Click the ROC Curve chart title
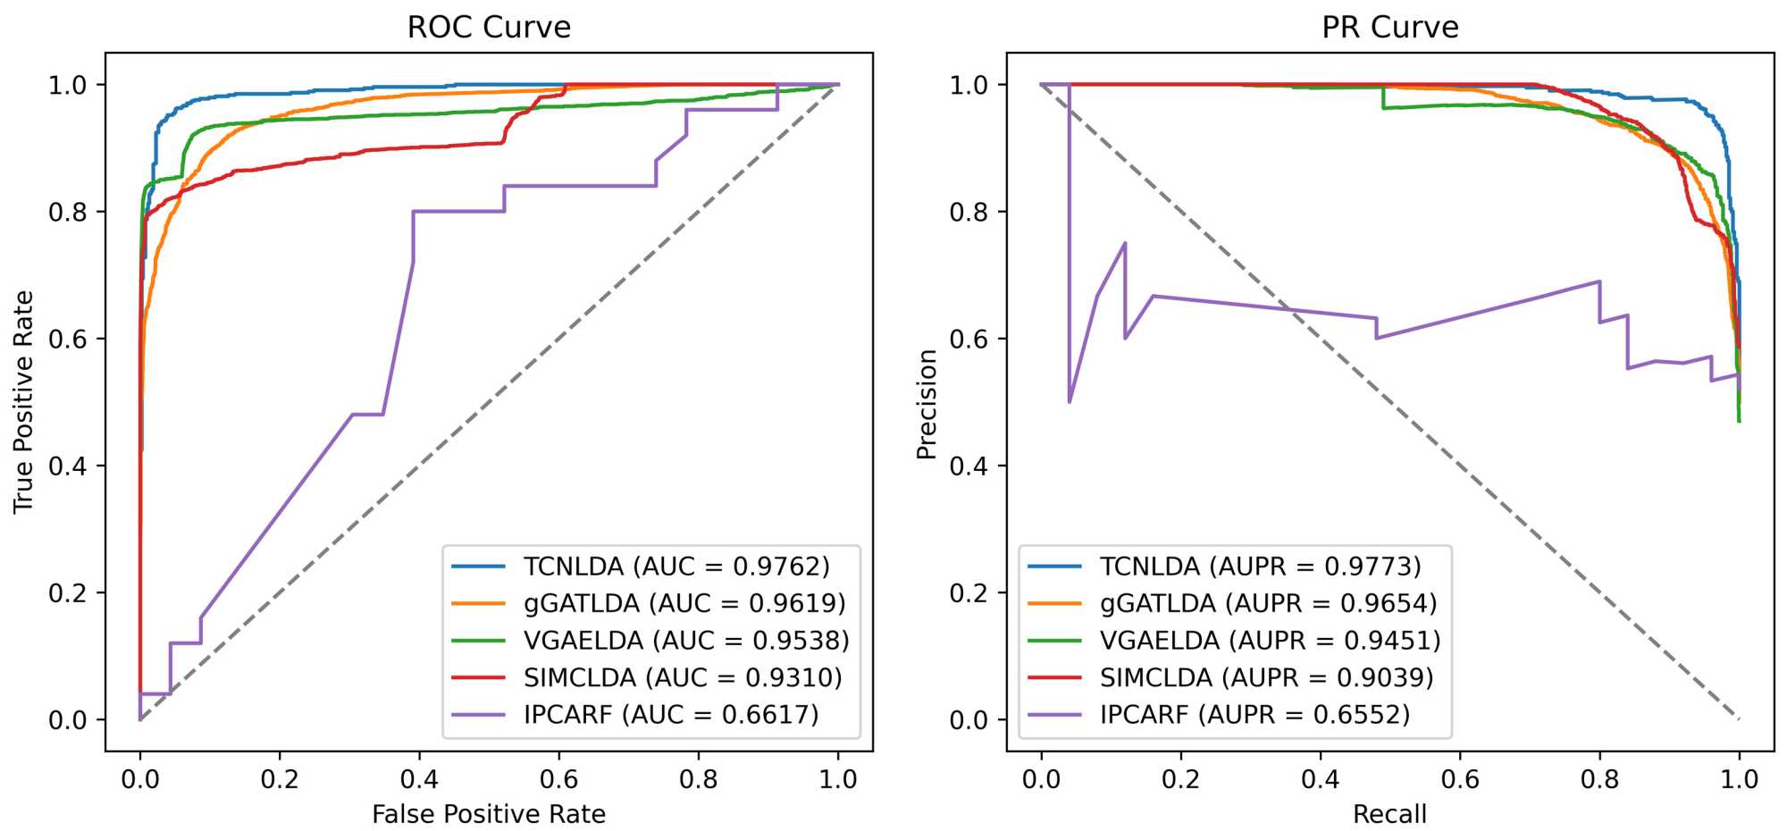click(x=489, y=27)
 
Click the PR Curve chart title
click(x=1389, y=27)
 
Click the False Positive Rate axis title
click(x=489, y=814)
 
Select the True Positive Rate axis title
click(x=23, y=401)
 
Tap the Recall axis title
click(x=1389, y=814)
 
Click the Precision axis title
click(x=927, y=404)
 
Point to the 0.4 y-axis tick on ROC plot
click(x=68, y=466)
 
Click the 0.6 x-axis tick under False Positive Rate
click(x=558, y=779)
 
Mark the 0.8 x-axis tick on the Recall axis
click(x=1599, y=779)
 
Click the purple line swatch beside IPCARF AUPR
click(x=1054, y=715)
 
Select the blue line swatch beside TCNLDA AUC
click(x=479, y=567)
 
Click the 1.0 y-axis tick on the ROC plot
click(x=68, y=85)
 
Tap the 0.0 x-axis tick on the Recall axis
click(x=1041, y=779)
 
